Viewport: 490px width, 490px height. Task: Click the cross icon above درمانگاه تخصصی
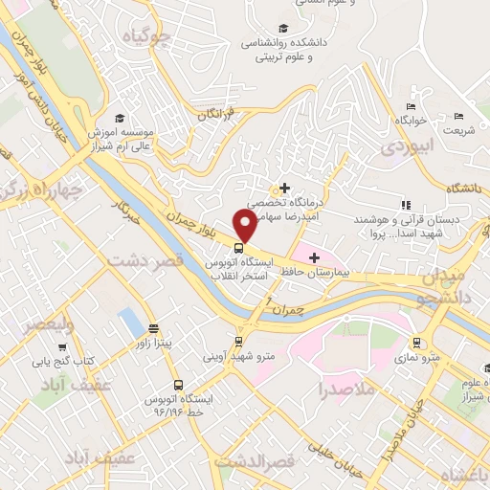pos(284,187)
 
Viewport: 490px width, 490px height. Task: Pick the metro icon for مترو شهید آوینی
pos(238,340)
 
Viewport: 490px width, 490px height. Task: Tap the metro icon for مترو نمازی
pos(416,342)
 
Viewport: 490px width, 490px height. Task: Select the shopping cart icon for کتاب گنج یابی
pos(63,347)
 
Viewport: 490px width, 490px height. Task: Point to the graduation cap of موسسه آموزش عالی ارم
pos(118,117)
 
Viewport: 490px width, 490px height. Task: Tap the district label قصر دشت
pos(145,259)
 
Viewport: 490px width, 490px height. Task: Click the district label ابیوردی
pos(407,146)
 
